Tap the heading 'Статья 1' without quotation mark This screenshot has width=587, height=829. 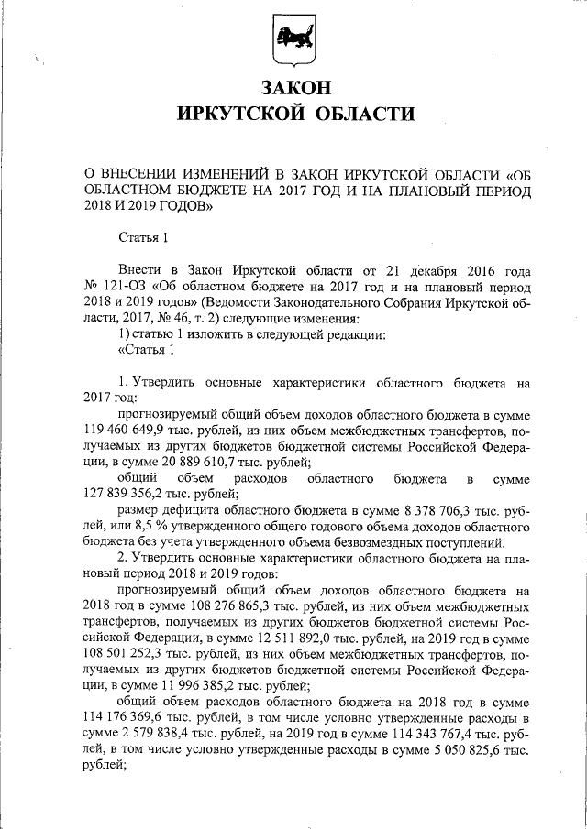[145, 238]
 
